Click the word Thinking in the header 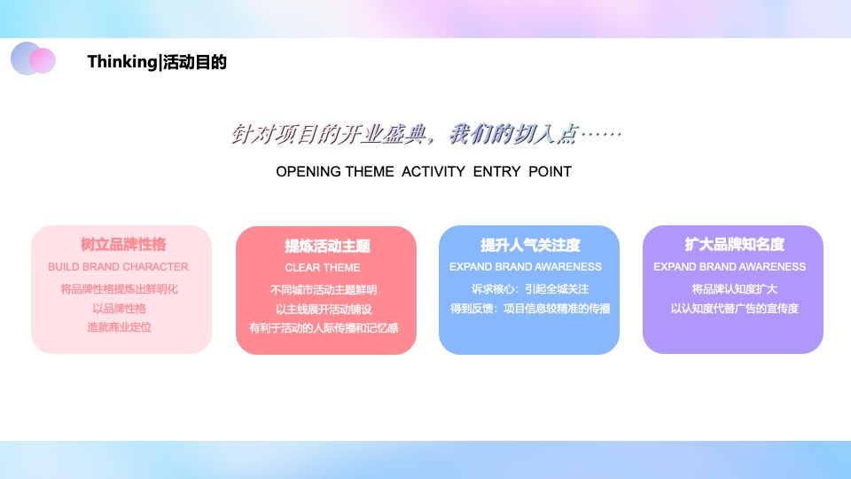tap(121, 62)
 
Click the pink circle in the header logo tap(43, 60)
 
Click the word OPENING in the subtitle tap(308, 171)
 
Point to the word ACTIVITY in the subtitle tap(433, 171)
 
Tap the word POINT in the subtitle tap(550, 171)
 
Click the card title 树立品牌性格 tap(122, 245)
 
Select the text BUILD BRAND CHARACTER tap(118, 266)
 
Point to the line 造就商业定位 tap(119, 327)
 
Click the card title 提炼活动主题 tap(327, 247)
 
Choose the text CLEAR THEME tap(323, 267)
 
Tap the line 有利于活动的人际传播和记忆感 tap(324, 328)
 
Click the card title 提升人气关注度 tap(530, 245)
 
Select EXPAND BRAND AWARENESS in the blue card tap(526, 266)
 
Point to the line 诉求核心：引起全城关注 tap(530, 288)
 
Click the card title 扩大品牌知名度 tap(734, 245)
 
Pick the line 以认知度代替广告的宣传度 tap(734, 308)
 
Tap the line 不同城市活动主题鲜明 tap(324, 289)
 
